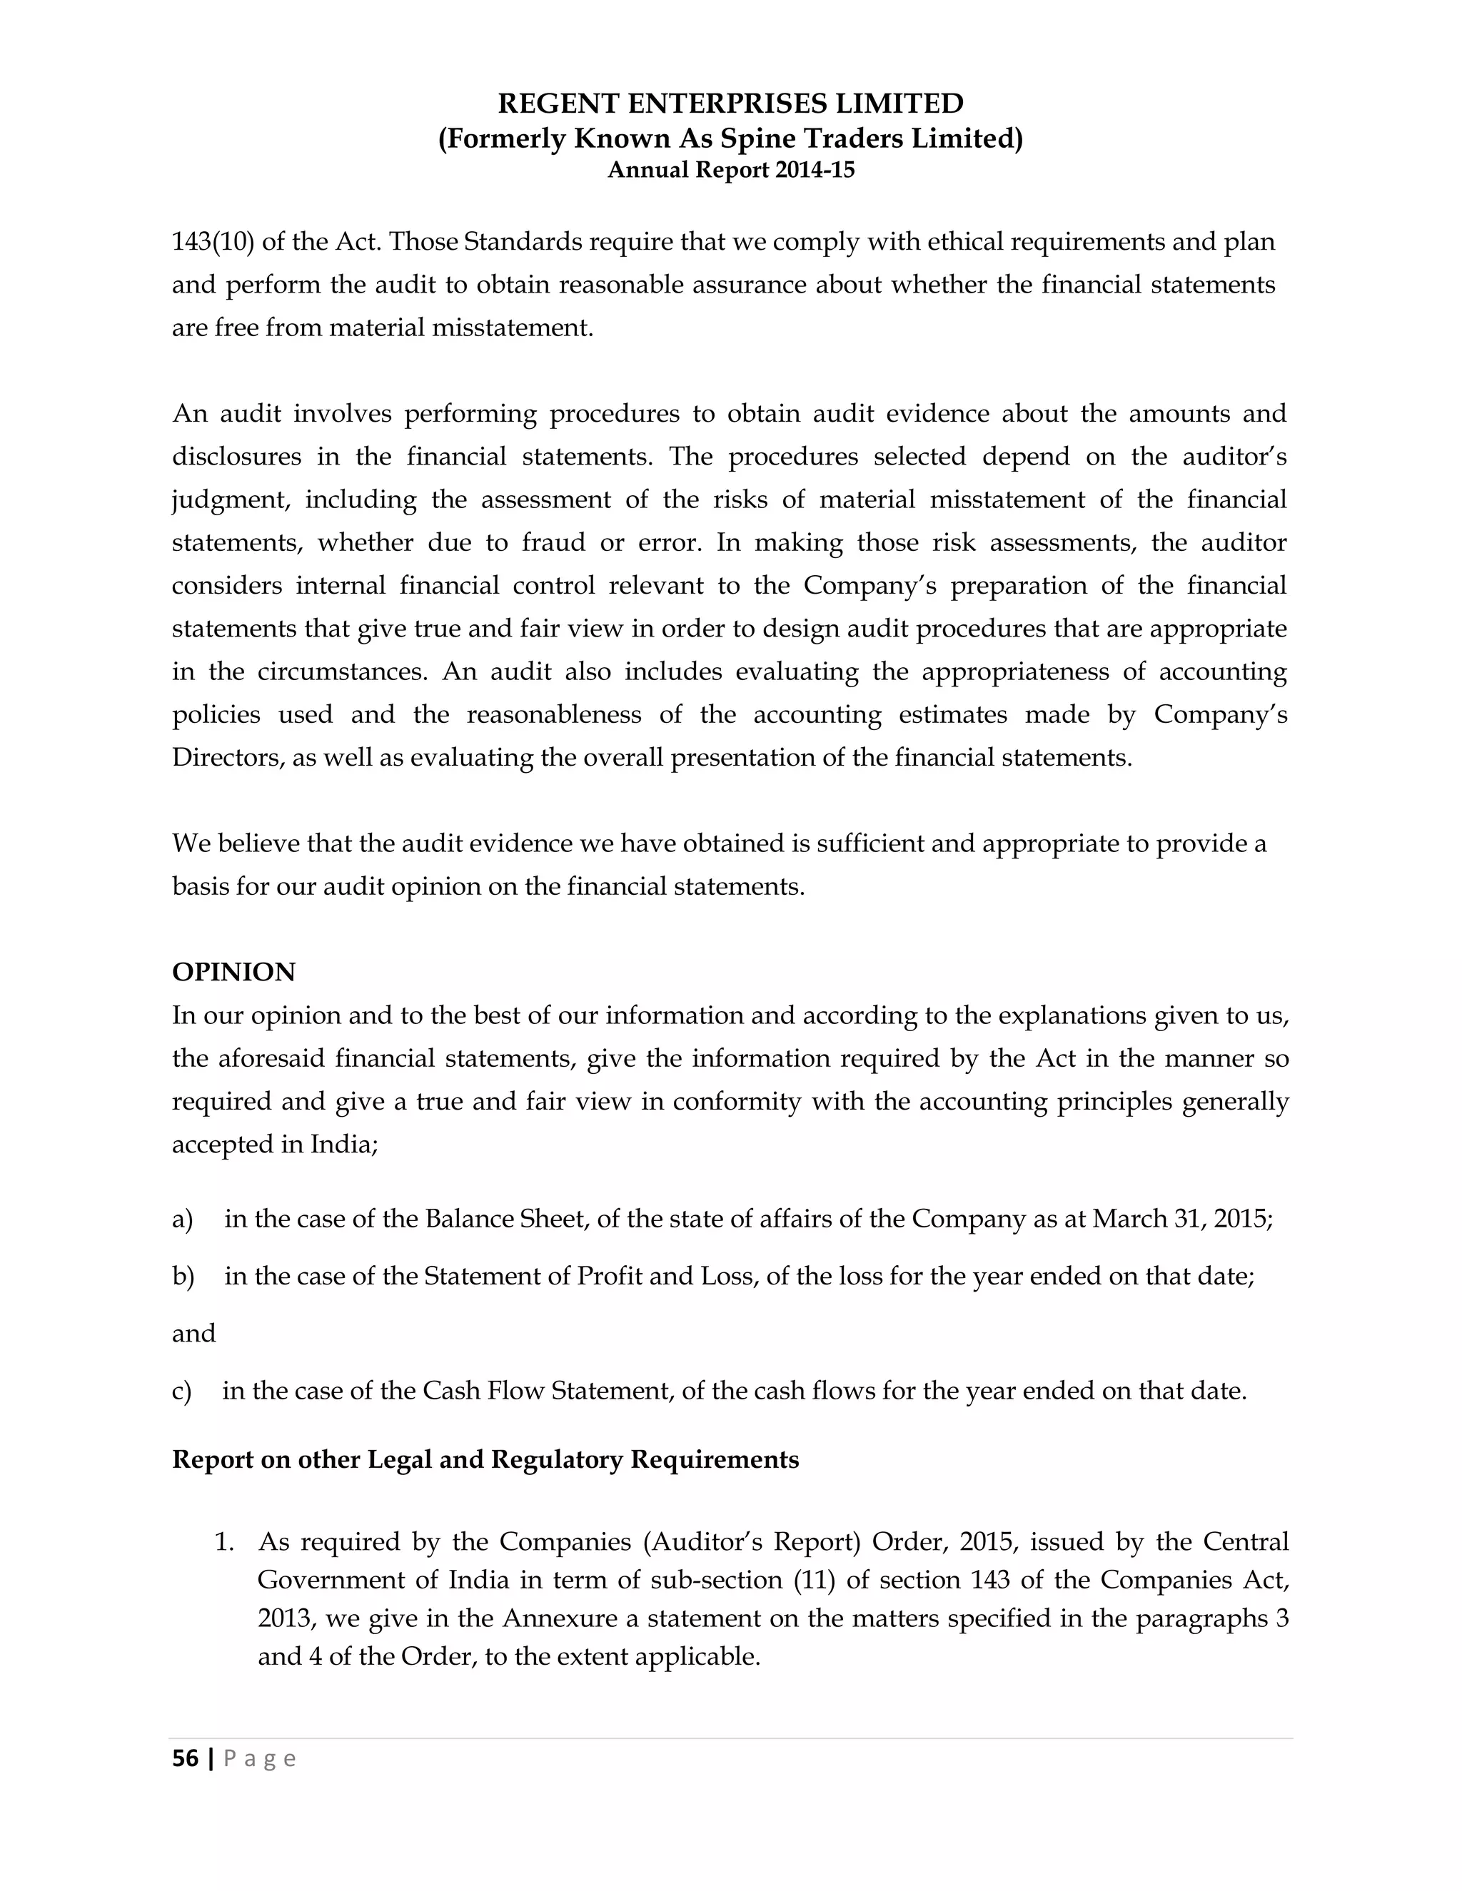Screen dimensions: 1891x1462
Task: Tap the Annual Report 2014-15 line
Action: coord(731,170)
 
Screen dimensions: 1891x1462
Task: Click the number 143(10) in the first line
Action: coord(212,242)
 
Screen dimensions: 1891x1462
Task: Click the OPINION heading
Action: coord(234,973)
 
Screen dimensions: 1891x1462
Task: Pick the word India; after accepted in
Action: coord(344,1145)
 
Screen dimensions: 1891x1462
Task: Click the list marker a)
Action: coord(182,1219)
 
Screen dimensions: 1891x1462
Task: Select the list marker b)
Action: coord(183,1277)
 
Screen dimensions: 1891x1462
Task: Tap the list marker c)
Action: coord(182,1391)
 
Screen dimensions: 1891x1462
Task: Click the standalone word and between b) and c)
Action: coord(193,1334)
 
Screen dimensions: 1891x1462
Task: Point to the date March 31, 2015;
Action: coord(1182,1219)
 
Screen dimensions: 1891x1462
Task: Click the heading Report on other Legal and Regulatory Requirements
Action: coord(485,1460)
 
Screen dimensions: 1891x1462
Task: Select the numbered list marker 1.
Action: coord(224,1542)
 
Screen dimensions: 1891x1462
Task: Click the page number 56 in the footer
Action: coord(186,1758)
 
